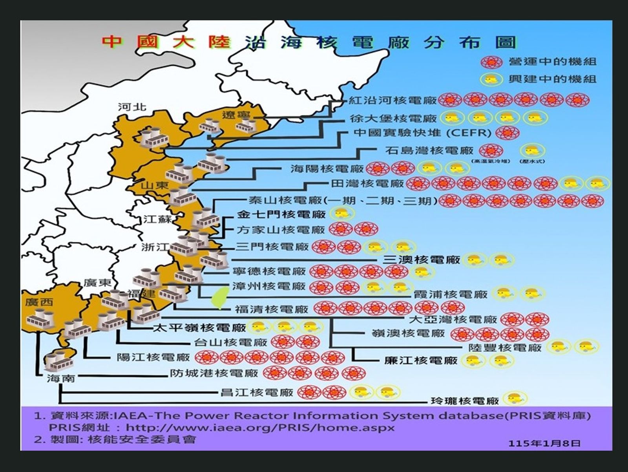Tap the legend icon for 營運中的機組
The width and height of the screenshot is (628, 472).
pos(491,62)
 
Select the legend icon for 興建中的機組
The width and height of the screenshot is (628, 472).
pos(491,79)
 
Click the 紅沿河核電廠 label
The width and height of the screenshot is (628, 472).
pos(392,101)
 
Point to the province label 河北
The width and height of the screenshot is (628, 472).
pos(132,107)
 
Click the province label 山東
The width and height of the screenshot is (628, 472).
pos(155,185)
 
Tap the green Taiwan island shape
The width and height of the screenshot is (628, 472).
pos(220,297)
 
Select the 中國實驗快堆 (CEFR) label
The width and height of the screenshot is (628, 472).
pos(422,133)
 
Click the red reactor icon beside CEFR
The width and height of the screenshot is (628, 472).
pos(507,133)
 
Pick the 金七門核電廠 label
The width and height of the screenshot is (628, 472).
pos(281,214)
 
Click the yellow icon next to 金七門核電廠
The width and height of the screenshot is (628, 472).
pos(342,214)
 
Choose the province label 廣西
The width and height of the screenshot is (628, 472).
pos(39,302)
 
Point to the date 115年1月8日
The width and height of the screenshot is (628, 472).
pos(544,443)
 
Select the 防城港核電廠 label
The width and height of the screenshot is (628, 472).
pos(214,373)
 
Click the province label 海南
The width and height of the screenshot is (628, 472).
pos(60,378)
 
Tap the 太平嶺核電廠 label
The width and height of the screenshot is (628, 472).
pos(199,327)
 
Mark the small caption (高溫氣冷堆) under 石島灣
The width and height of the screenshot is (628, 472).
pos(491,161)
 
